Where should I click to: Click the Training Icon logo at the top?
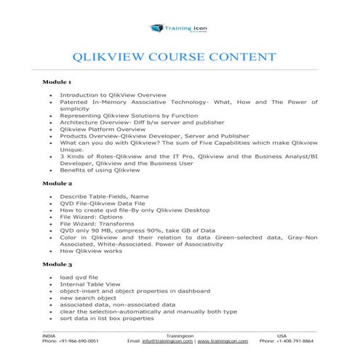(x=180, y=28)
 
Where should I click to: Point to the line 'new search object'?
(x=85, y=298)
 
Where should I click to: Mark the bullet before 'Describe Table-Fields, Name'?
(x=49, y=196)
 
